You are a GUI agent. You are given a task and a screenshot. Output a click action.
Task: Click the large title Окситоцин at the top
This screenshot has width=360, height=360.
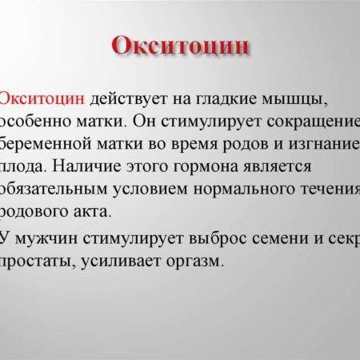click(179, 46)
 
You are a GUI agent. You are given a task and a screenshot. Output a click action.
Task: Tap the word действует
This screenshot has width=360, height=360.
click(129, 100)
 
